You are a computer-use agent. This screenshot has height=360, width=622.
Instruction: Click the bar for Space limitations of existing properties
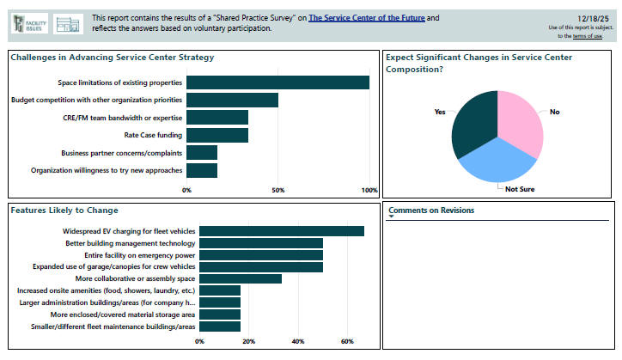click(x=277, y=82)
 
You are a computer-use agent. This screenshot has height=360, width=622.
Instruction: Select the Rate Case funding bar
click(x=217, y=135)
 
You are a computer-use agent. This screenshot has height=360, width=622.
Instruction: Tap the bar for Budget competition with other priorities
click(x=232, y=100)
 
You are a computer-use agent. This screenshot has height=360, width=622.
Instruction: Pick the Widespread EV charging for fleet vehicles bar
click(x=282, y=231)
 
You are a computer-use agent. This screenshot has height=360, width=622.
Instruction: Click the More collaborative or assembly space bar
click(x=241, y=278)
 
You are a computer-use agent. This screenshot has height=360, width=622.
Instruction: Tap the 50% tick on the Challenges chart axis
click(x=277, y=189)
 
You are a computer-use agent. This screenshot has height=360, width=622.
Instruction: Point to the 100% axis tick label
click(x=369, y=189)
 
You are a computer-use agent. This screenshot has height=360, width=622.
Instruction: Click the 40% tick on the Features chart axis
click(x=298, y=341)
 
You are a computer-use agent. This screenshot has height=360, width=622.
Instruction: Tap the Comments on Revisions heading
click(x=431, y=211)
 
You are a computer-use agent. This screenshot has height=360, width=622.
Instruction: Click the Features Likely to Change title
click(x=64, y=211)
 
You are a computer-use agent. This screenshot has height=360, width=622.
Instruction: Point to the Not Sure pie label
click(x=520, y=188)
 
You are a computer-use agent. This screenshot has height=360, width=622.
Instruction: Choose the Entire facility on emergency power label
click(x=140, y=255)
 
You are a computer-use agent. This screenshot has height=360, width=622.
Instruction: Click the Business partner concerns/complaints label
click(x=121, y=153)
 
